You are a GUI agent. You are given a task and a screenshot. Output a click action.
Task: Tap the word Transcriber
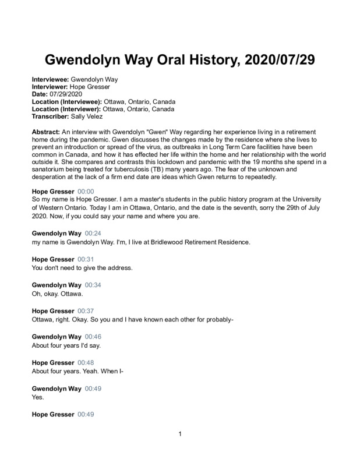[x=51, y=116]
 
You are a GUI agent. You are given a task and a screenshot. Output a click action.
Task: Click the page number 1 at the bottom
[x=181, y=434]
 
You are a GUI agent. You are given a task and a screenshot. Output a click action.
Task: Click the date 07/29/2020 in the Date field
[x=66, y=94]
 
